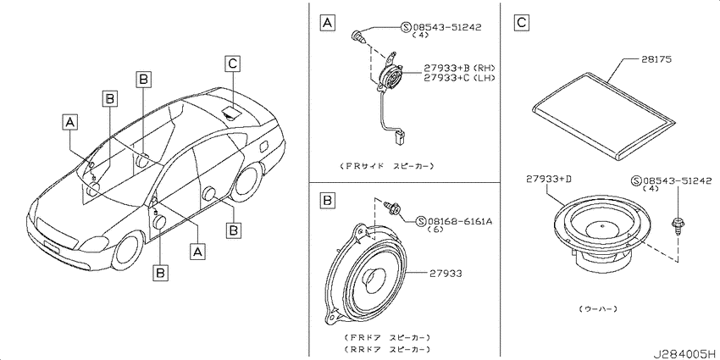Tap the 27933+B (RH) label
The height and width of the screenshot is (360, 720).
tap(459, 69)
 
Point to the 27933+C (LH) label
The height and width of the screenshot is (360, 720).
tap(459, 78)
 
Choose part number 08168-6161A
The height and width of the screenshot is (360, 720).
tap(460, 222)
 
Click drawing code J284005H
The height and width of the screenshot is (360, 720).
tap(685, 354)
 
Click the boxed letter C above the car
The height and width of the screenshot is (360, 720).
tap(232, 64)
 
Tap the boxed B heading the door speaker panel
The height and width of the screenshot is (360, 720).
tap(327, 201)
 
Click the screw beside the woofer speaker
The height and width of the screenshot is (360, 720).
tap(677, 226)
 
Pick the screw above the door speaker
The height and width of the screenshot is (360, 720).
tap(392, 208)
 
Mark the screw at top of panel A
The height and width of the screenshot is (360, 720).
tap(359, 36)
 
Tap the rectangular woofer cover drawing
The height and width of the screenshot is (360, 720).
tap(604, 115)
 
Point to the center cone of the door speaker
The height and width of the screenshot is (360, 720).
tap(373, 279)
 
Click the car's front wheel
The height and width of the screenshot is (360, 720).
tap(127, 252)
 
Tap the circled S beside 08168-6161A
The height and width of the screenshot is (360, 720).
tap(421, 222)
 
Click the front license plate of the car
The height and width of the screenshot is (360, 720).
tap(51, 246)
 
